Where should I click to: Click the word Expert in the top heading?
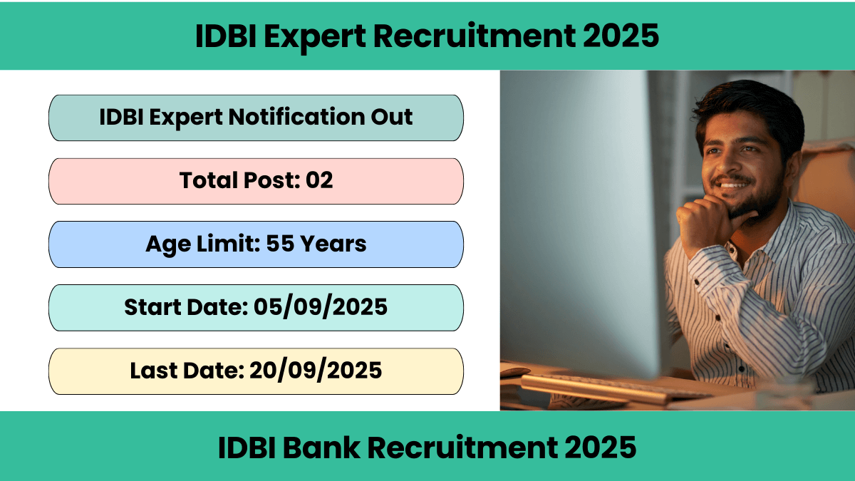point(315,37)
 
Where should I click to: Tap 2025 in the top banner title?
point(621,36)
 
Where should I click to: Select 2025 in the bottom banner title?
point(598,448)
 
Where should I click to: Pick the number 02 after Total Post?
point(319,180)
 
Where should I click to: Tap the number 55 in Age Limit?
point(280,243)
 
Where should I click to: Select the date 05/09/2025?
point(321,307)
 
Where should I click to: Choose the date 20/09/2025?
point(316,371)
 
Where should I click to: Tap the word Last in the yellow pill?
point(153,371)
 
